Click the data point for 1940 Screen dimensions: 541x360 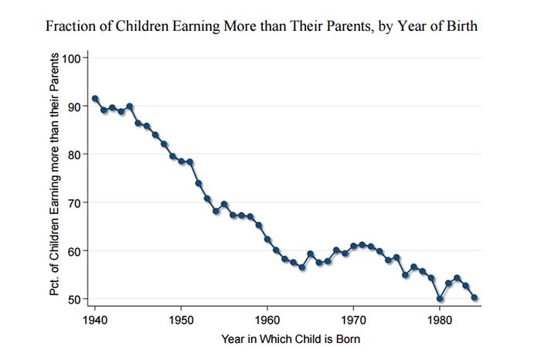(x=95, y=99)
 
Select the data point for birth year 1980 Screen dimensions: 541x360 (x=440, y=299)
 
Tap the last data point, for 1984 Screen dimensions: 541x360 (x=474, y=297)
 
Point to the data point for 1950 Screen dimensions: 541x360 (x=181, y=161)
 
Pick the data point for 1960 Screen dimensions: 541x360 (x=267, y=239)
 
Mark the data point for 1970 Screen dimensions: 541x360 (x=353, y=246)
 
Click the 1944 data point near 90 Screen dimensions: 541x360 (x=129, y=106)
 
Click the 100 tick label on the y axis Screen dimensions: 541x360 (x=71, y=58)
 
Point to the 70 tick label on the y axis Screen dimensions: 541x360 (x=74, y=202)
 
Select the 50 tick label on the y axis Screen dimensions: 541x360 (x=74, y=299)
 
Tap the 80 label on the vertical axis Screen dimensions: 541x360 (x=74, y=155)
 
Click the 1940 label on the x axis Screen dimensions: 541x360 (x=95, y=321)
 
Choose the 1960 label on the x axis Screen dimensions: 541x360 (x=267, y=321)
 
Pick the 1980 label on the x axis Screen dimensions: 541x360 (x=440, y=321)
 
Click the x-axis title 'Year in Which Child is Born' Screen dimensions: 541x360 (x=291, y=339)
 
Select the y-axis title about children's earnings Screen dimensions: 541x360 (x=55, y=175)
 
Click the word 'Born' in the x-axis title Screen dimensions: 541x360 (x=348, y=339)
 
